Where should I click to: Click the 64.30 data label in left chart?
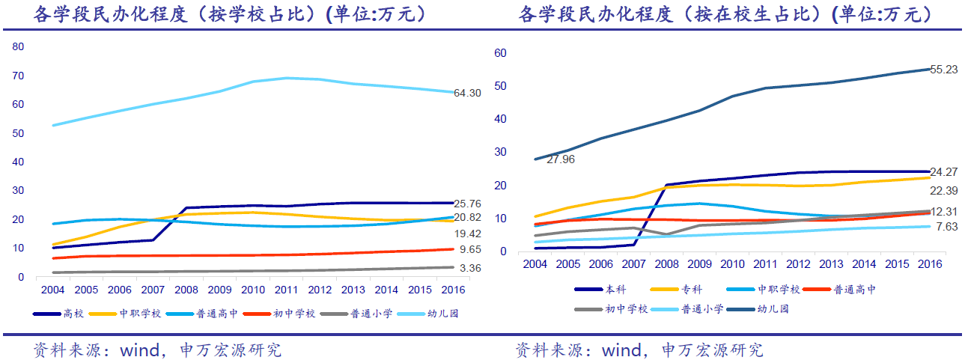[467, 93]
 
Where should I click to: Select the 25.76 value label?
[468, 204]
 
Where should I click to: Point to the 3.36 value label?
[469, 268]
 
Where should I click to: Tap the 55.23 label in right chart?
[944, 70]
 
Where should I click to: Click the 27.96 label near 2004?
[560, 159]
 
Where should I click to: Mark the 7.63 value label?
[946, 226]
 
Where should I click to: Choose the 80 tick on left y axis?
[19, 46]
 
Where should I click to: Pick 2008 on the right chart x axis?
[668, 264]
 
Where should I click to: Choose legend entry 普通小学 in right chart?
[702, 308]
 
